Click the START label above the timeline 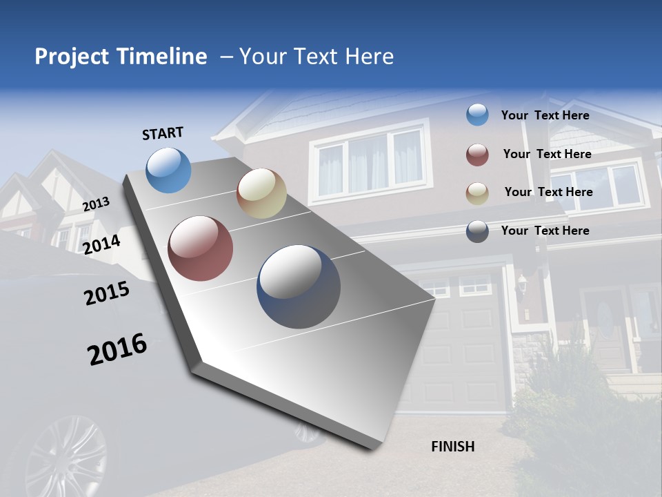[163, 133]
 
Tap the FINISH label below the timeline [453, 447]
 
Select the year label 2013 [96, 204]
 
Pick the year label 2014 [101, 244]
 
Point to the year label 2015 [107, 293]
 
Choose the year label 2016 [117, 349]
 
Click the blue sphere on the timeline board [169, 170]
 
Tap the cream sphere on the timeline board [261, 193]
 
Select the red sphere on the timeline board [201, 248]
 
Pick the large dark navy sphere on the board [299, 286]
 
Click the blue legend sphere [477, 115]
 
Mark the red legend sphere [477, 155]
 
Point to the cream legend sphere [477, 193]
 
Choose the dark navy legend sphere [477, 231]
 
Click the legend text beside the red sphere [547, 154]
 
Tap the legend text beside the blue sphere [545, 115]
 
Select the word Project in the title [71, 57]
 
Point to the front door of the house [605, 324]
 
